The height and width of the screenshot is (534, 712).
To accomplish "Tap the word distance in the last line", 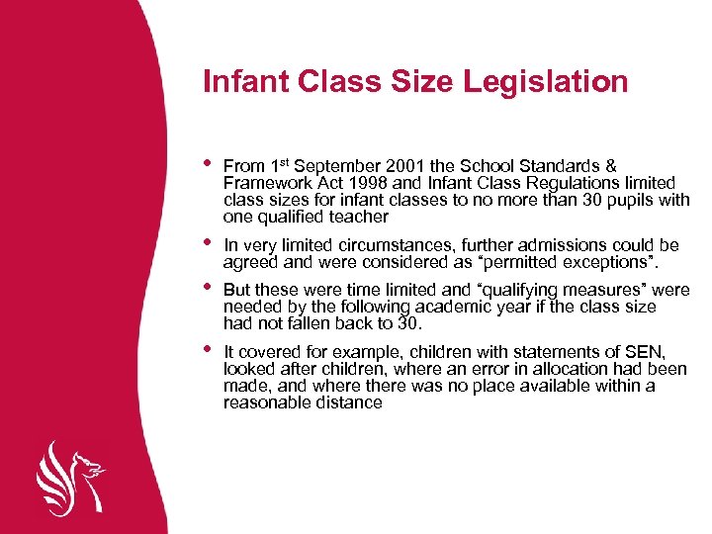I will [x=345, y=402].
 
